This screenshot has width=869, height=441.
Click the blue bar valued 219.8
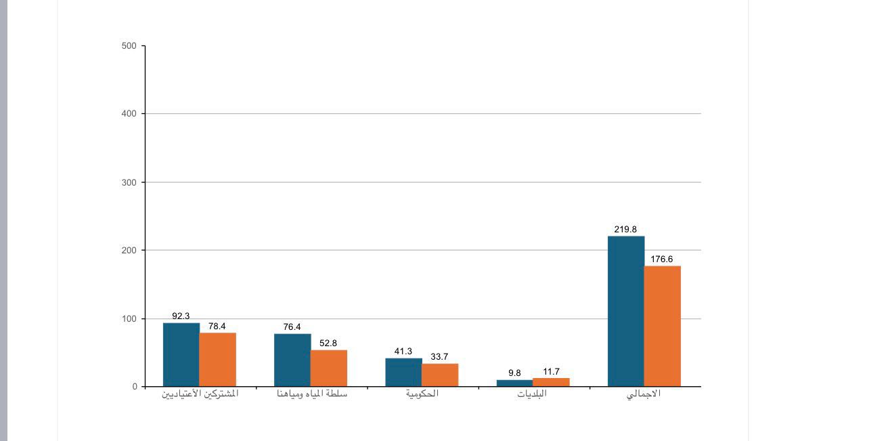pyautogui.click(x=626, y=311)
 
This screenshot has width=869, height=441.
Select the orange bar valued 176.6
pyautogui.click(x=663, y=326)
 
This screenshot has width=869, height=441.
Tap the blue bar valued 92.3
pyautogui.click(x=181, y=354)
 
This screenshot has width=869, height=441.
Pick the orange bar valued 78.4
pyautogui.click(x=218, y=359)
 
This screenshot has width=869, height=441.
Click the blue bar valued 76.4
pyautogui.click(x=292, y=360)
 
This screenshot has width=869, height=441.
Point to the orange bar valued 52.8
pyautogui.click(x=329, y=368)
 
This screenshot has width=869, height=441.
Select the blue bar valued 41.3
pyautogui.click(x=403, y=372)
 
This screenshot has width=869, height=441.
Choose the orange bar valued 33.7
pyautogui.click(x=440, y=375)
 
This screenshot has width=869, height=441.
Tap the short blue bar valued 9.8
pyautogui.click(x=514, y=383)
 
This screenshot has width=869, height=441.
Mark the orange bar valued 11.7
pyautogui.click(x=551, y=382)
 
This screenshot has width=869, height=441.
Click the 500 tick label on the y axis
pyautogui.click(x=129, y=46)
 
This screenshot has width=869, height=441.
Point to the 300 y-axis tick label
pyautogui.click(x=129, y=182)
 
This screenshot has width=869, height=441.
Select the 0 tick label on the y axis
pyautogui.click(x=135, y=387)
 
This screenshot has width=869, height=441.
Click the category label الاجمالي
pyautogui.click(x=644, y=394)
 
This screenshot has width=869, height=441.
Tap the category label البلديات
pyautogui.click(x=532, y=394)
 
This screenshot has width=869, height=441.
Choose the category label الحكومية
pyautogui.click(x=422, y=394)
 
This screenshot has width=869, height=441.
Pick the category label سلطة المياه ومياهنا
pyautogui.click(x=312, y=394)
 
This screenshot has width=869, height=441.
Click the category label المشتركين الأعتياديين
pyautogui.click(x=200, y=394)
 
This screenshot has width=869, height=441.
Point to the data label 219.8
pyautogui.click(x=625, y=230)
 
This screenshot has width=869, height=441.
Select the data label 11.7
pyautogui.click(x=551, y=372)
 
